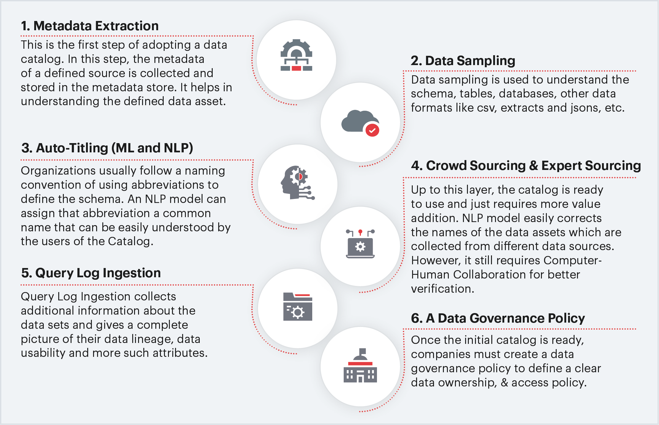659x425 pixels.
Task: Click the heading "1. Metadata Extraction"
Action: click(90, 26)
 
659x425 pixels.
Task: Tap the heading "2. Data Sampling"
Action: click(463, 61)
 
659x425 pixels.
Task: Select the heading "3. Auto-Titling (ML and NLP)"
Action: click(107, 148)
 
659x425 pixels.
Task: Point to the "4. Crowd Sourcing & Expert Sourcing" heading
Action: click(526, 166)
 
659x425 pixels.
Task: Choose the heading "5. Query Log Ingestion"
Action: click(91, 273)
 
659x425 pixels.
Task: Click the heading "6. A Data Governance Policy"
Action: click(498, 318)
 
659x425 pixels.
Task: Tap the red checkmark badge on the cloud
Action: click(372, 130)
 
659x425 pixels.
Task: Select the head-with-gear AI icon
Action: click(297, 183)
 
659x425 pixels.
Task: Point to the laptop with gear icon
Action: click(360, 244)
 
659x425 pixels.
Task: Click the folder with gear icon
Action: click(297, 307)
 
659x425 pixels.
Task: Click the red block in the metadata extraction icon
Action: click(296, 68)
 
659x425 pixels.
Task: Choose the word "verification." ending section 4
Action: click(443, 289)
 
